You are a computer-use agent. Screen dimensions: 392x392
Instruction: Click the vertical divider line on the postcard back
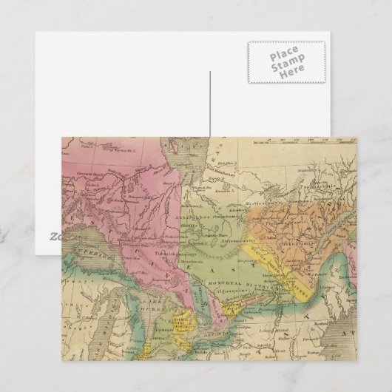coord(209,104)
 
